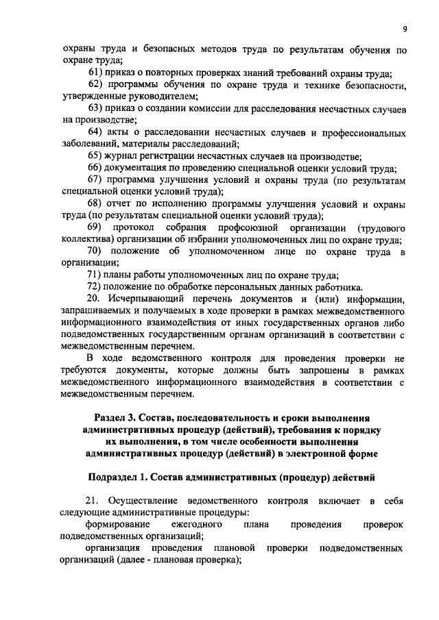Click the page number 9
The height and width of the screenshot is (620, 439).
click(405, 28)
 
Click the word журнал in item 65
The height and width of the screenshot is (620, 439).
click(124, 156)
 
